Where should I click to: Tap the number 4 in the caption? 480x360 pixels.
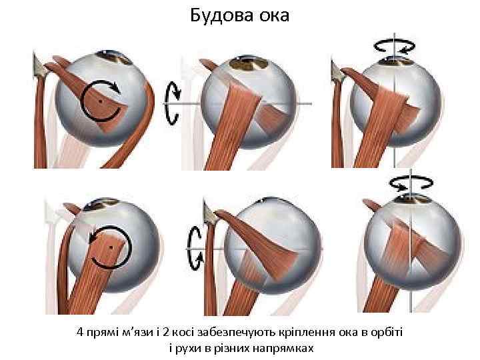click(80, 332)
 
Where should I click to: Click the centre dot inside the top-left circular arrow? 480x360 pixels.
click(101, 101)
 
